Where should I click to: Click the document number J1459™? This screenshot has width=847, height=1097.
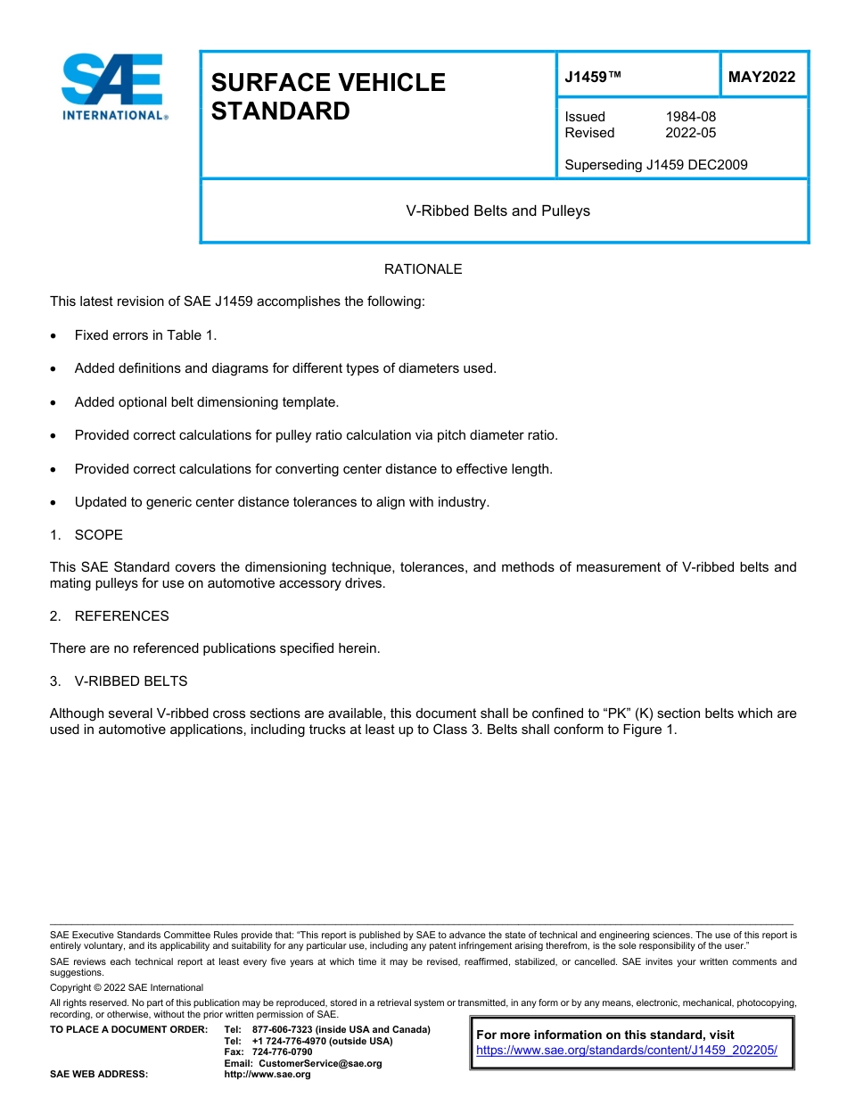click(592, 77)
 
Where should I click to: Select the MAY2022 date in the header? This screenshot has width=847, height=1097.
click(761, 77)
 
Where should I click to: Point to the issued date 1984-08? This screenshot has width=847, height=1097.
click(690, 117)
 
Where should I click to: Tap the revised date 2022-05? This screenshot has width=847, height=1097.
click(690, 133)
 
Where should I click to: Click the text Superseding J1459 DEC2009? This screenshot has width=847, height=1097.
click(655, 165)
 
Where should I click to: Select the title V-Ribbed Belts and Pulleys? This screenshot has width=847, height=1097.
click(498, 211)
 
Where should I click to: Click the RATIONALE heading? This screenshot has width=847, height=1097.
click(423, 269)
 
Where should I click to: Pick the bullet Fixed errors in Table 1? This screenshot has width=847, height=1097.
click(145, 335)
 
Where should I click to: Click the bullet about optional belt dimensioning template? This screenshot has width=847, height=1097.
click(206, 402)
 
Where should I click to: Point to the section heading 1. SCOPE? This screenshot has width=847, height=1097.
click(86, 535)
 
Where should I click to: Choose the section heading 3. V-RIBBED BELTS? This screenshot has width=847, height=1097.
click(119, 681)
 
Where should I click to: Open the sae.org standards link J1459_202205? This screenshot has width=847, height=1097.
click(627, 1051)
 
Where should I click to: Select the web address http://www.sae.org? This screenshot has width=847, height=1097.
click(267, 1075)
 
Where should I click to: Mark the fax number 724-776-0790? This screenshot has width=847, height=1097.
click(283, 1052)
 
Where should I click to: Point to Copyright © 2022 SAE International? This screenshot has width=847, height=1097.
click(127, 987)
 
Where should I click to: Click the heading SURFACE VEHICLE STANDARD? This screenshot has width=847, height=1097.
click(328, 96)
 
